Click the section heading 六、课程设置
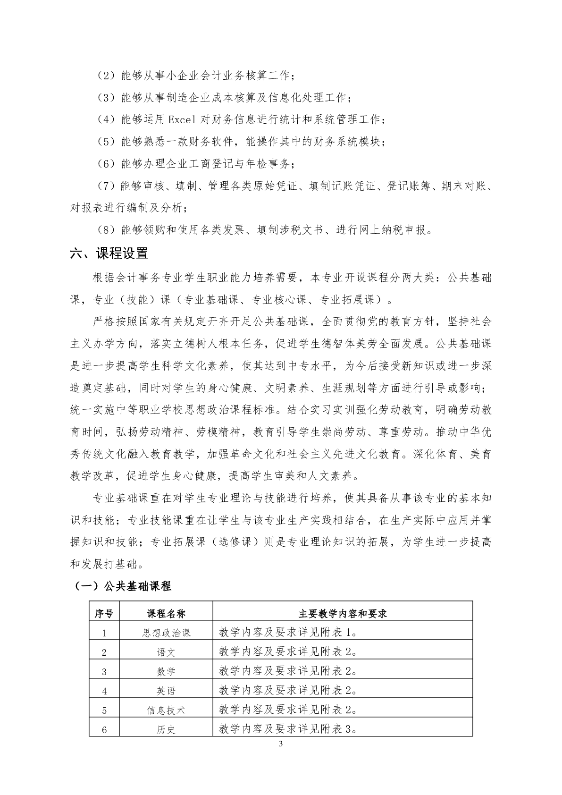(x=109, y=254)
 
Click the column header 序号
(x=104, y=614)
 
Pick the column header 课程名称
(x=166, y=614)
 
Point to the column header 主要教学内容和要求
(x=343, y=614)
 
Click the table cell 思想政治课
(x=166, y=633)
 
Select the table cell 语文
(x=166, y=652)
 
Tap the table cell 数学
(x=166, y=672)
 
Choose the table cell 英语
(x=166, y=691)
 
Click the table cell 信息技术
(x=166, y=710)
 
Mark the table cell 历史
(x=166, y=730)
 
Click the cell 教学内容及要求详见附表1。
(x=288, y=633)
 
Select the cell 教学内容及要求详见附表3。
(x=288, y=729)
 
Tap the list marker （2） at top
(x=106, y=76)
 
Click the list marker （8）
(x=106, y=230)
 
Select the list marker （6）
(x=106, y=164)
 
